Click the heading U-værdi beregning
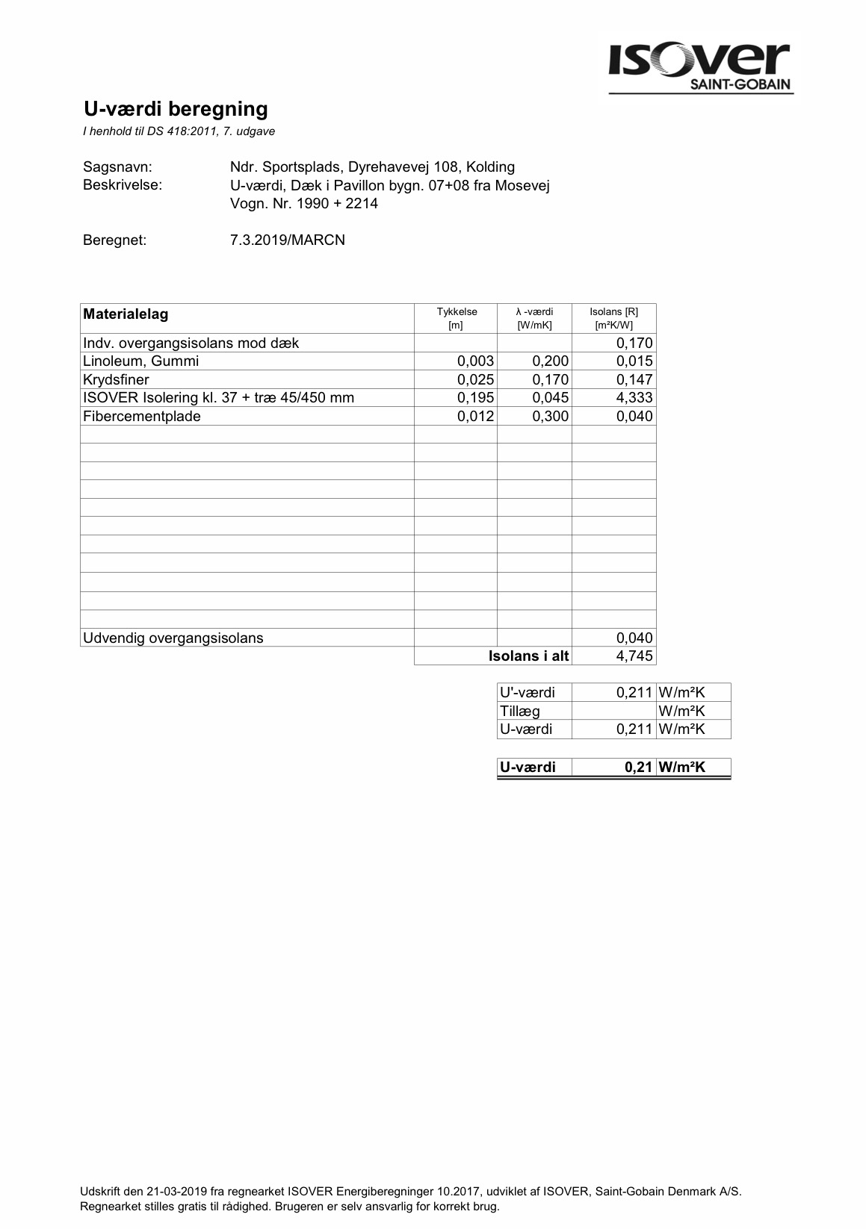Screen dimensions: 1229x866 click(x=176, y=109)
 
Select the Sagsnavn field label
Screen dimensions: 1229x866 click(x=117, y=167)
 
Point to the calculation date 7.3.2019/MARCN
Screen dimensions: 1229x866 click(x=288, y=240)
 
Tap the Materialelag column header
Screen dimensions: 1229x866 click(x=126, y=314)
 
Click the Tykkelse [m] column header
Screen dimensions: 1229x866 click(x=456, y=318)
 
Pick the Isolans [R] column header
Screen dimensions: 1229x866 click(x=613, y=318)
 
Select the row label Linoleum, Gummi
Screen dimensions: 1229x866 click(x=141, y=361)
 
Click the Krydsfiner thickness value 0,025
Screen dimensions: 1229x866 click(x=475, y=380)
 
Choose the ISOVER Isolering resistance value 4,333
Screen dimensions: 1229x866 click(x=634, y=398)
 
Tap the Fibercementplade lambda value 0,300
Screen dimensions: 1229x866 click(x=550, y=417)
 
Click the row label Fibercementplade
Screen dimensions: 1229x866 click(x=142, y=417)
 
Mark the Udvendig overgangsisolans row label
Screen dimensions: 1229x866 click(x=173, y=638)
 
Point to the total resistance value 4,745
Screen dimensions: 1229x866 click(x=634, y=656)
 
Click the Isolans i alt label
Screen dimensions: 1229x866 click(x=528, y=656)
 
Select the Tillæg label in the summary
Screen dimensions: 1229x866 click(x=519, y=712)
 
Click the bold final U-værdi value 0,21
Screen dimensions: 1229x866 click(x=639, y=767)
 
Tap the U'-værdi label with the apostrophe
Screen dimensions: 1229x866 click(x=527, y=693)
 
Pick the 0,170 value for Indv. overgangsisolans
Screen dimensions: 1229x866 click(x=634, y=343)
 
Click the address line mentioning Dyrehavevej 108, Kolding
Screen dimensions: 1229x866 click(x=372, y=167)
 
